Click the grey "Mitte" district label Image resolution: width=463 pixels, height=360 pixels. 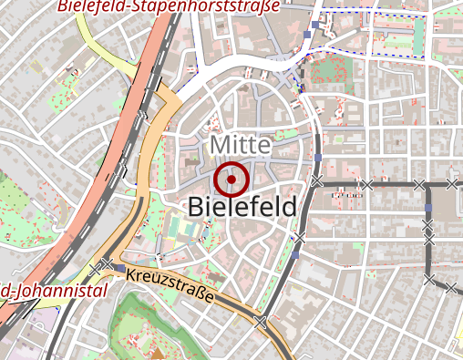point(241,145)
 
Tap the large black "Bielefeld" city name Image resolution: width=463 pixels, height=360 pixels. point(242,208)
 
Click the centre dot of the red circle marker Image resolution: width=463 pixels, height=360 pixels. point(232,180)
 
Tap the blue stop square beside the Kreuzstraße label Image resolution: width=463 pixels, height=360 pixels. point(118,270)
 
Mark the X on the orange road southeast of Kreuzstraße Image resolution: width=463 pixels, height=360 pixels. point(262,322)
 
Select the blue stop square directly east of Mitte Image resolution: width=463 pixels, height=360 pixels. point(318,159)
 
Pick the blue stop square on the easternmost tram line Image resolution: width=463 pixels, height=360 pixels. point(427,210)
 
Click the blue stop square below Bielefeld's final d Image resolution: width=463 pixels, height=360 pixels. point(299,238)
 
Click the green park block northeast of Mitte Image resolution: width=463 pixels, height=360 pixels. point(324,71)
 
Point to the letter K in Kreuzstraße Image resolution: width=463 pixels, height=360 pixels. point(131,273)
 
